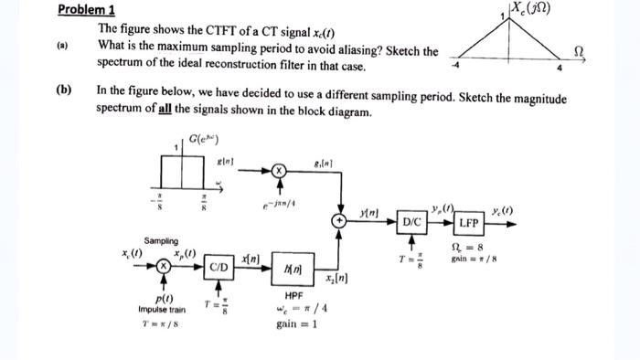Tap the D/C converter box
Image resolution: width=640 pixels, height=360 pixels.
[412, 222]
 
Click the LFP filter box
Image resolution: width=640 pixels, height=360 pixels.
[468, 222]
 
